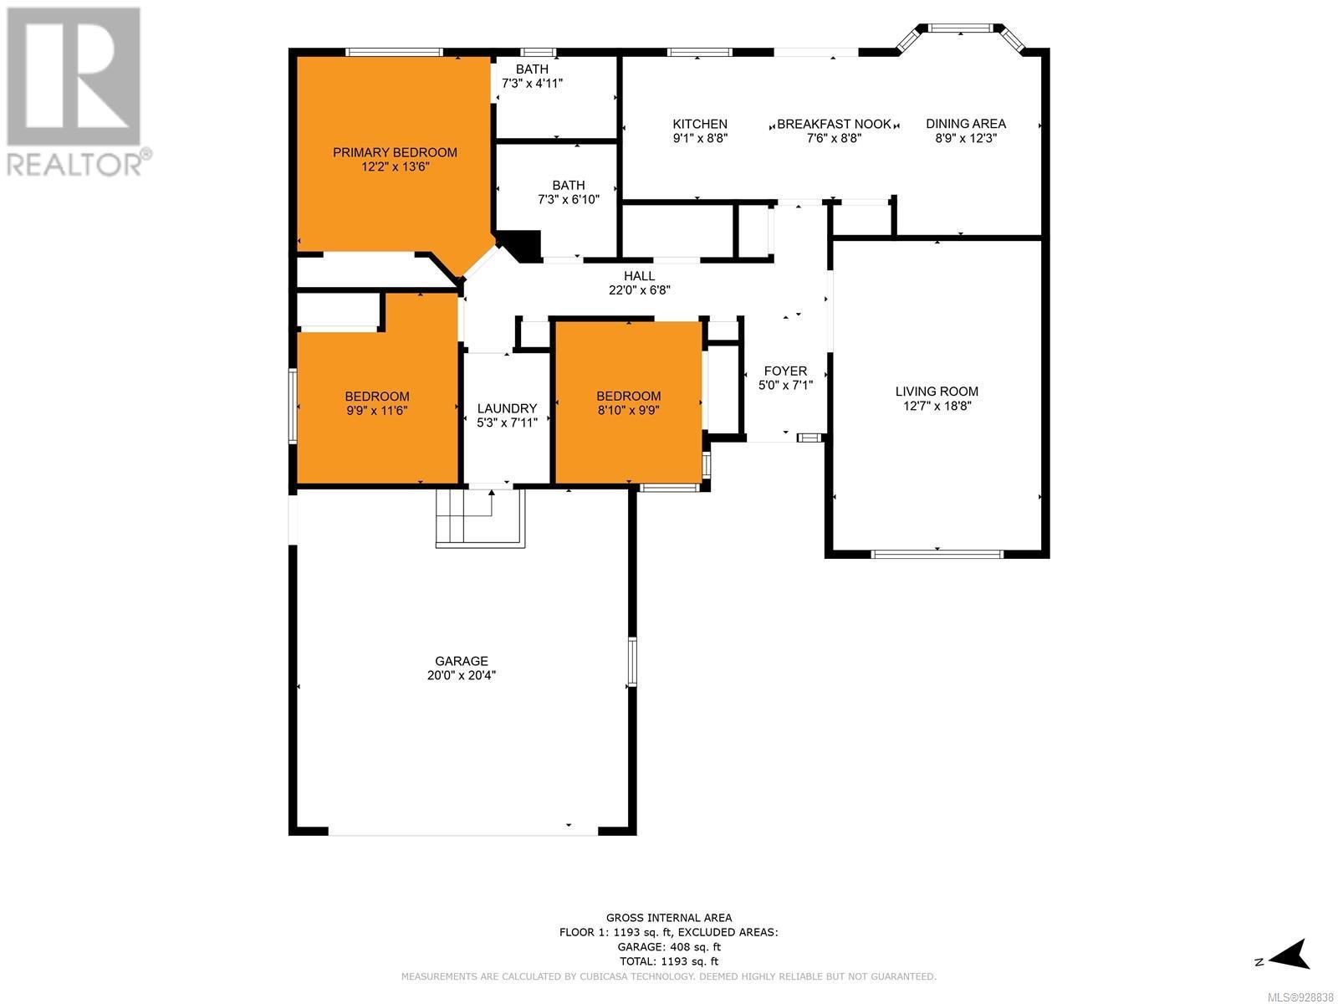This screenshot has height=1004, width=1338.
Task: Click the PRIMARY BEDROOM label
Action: point(395,152)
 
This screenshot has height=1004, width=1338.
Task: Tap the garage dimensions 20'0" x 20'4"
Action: point(462,675)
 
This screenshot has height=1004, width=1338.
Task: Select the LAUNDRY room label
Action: point(507,408)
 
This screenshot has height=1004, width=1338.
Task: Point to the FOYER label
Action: point(785,371)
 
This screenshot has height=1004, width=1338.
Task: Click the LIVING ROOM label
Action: point(937,392)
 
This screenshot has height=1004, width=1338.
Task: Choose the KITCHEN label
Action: point(700,124)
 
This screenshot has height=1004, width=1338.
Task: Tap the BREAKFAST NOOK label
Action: point(834,124)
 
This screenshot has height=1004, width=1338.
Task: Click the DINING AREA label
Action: point(966,124)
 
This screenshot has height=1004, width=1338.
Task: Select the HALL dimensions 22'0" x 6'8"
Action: point(640,290)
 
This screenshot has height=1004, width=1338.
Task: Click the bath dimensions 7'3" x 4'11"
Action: point(532,83)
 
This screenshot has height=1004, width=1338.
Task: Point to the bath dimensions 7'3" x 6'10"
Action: point(569,199)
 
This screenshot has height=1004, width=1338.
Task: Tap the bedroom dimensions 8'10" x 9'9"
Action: point(629,410)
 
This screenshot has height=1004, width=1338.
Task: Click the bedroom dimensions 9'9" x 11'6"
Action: point(376,410)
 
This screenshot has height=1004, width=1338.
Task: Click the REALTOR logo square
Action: point(74,76)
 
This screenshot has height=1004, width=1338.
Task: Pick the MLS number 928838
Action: point(1300,998)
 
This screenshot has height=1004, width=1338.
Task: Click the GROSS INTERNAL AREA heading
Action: point(669,918)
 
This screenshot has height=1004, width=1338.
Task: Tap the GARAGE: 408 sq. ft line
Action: point(669,947)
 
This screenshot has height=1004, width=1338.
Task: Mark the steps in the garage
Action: point(480,518)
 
